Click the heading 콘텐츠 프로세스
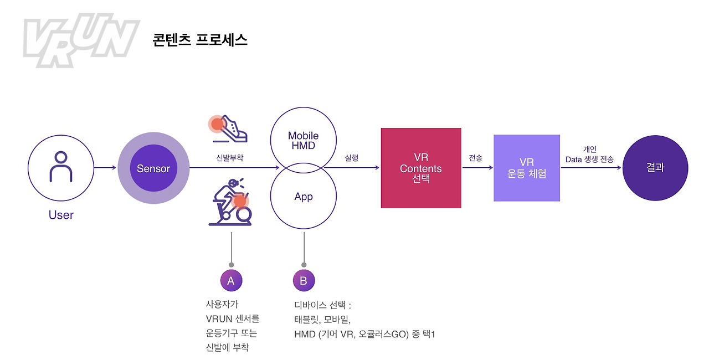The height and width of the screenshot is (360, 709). (x=200, y=40)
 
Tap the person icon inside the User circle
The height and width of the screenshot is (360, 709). (x=61, y=166)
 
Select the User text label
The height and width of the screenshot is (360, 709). (x=61, y=215)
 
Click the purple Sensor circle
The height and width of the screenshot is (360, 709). (x=153, y=168)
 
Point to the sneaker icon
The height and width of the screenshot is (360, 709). (x=229, y=129)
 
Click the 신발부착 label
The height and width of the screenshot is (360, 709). (x=229, y=158)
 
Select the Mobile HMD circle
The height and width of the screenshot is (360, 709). (x=304, y=140)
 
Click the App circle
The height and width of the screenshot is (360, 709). (x=304, y=197)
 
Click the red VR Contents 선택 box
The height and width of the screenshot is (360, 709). (x=421, y=168)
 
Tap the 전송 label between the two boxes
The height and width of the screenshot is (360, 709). (x=476, y=158)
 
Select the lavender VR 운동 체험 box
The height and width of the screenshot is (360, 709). (x=527, y=168)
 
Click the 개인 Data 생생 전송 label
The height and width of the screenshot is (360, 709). (x=589, y=155)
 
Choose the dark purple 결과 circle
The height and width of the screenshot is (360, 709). (x=655, y=168)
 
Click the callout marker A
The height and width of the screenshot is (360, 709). (x=231, y=281)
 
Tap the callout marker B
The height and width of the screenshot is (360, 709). (x=304, y=281)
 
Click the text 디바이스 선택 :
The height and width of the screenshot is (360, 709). (x=323, y=305)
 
